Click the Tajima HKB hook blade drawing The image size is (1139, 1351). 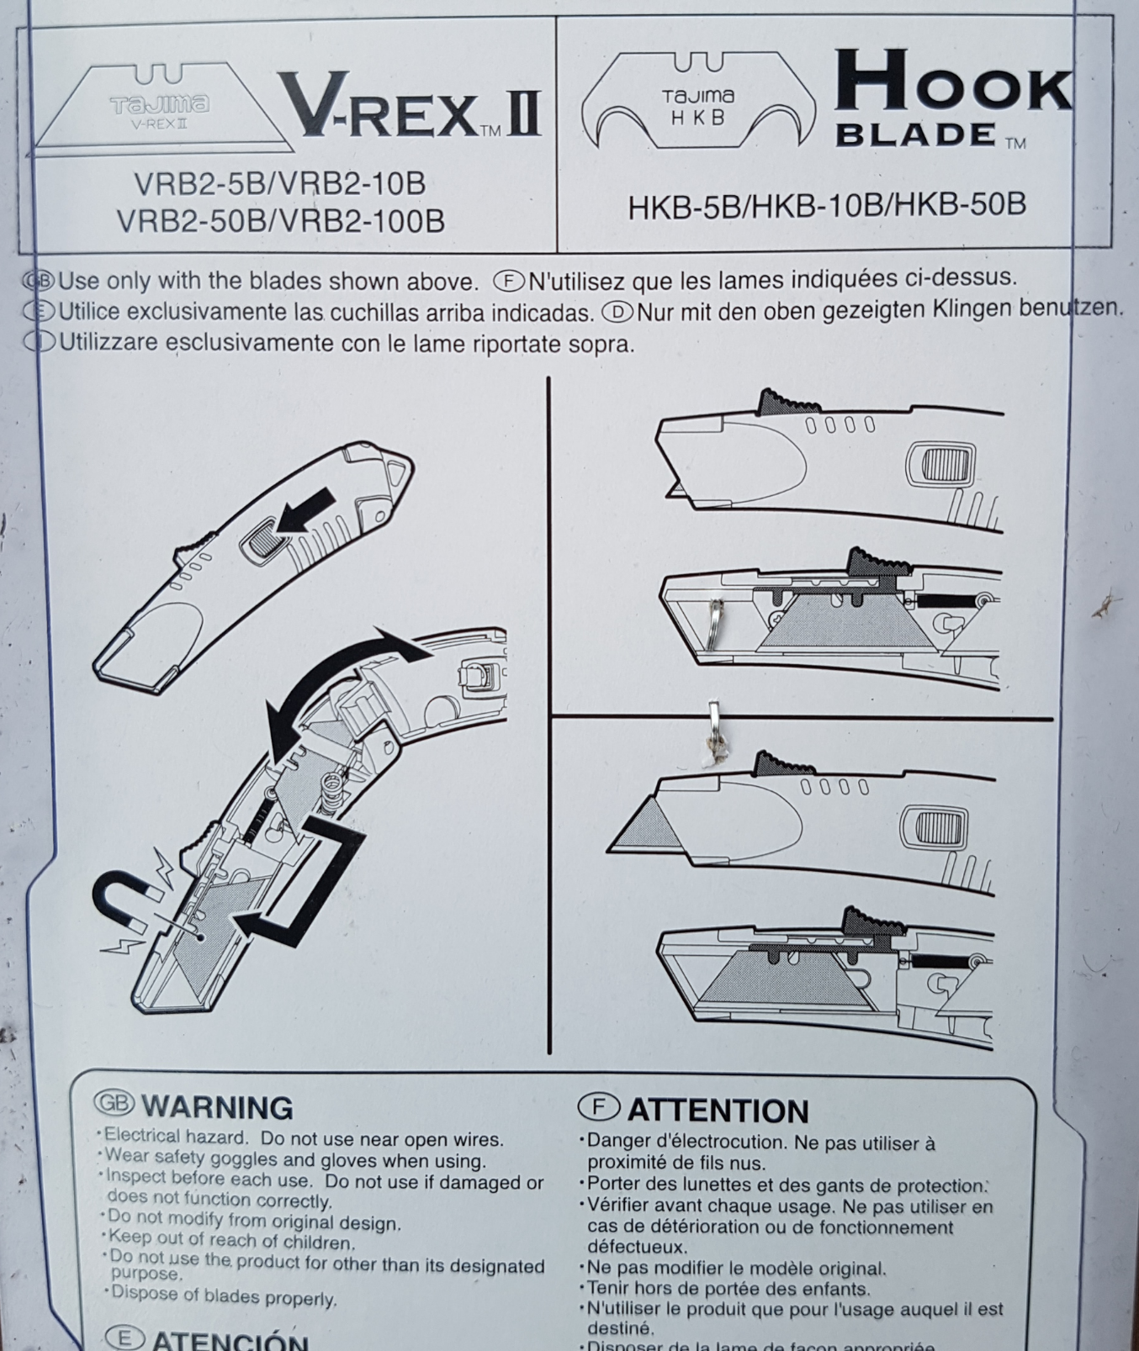[x=697, y=105]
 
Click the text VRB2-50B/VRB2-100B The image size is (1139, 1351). [x=281, y=221]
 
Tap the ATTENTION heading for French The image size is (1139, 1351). [x=694, y=1110]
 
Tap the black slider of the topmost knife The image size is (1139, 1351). [x=781, y=402]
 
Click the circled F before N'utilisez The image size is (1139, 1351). [x=509, y=279]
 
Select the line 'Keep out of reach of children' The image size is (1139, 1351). [x=231, y=1241]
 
